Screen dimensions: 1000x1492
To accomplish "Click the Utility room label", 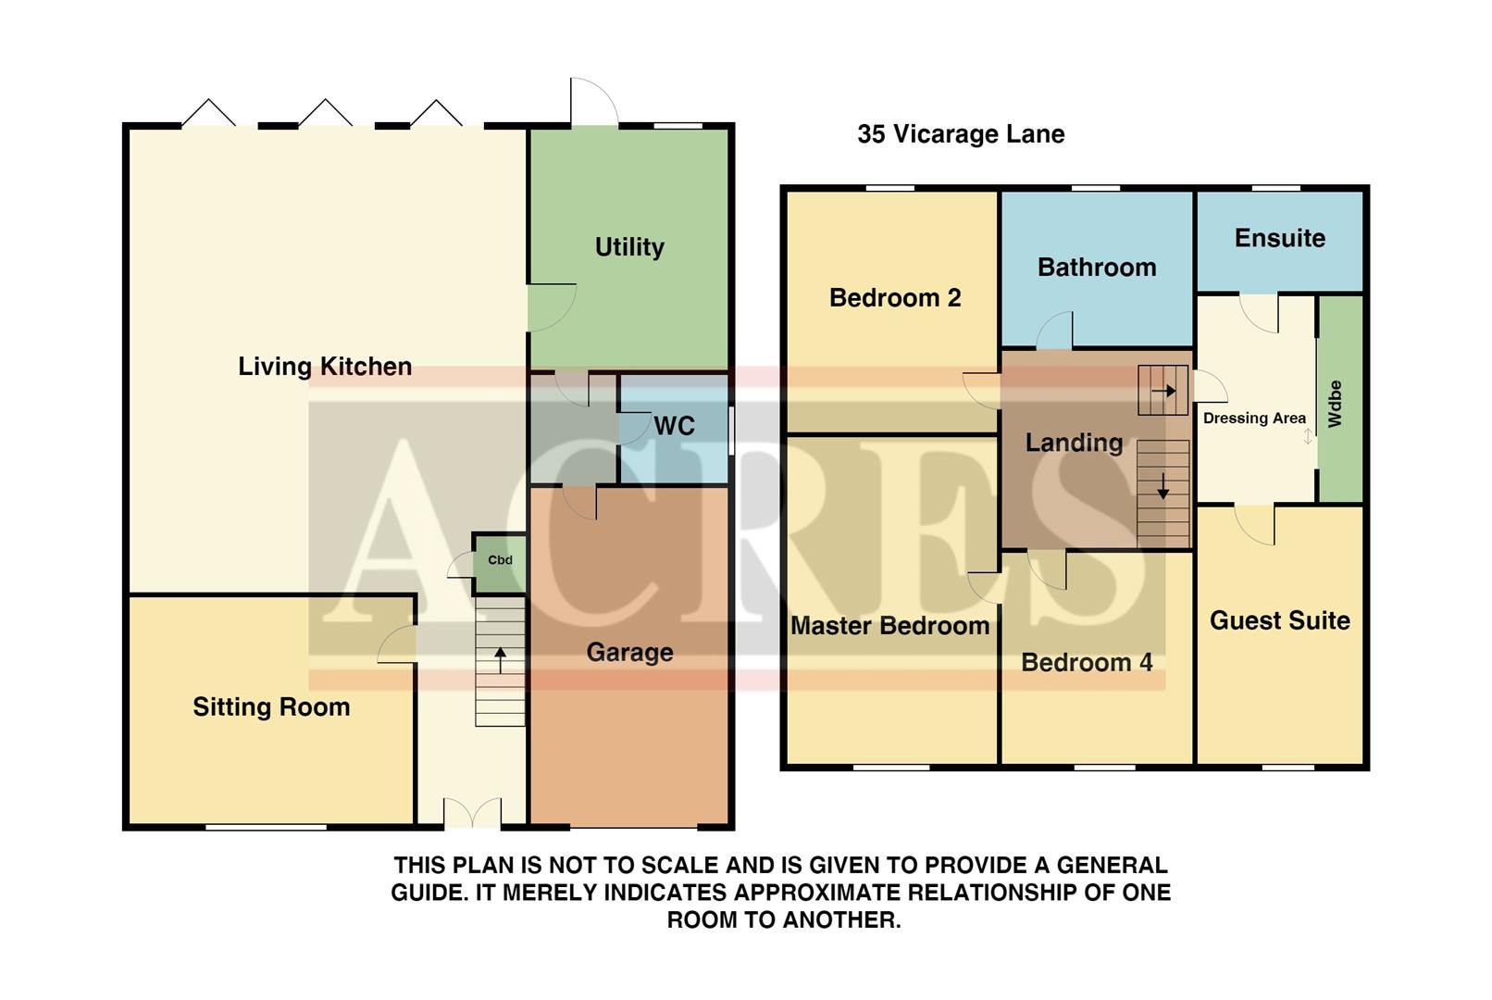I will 629,247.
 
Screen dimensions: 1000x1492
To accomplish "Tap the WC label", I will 674,426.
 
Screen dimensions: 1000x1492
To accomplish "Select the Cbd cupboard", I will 500,560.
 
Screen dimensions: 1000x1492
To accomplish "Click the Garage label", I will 629,652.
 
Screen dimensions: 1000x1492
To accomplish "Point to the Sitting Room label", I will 271,707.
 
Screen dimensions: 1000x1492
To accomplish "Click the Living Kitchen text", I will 325,367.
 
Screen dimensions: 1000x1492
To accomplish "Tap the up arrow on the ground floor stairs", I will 500,659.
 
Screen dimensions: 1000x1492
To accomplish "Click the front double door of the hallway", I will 472,813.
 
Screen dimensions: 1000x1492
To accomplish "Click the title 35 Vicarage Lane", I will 961,134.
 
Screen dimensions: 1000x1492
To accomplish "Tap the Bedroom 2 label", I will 895,298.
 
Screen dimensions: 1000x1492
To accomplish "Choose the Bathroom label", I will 1097,268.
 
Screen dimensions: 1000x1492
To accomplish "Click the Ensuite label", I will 1279,238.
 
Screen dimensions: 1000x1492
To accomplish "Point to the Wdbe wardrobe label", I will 1335,403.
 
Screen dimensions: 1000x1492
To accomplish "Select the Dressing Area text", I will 1254,419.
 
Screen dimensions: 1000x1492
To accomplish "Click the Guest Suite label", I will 1279,620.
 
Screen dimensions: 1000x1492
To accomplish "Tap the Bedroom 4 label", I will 1087,663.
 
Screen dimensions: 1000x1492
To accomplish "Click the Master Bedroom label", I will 889,626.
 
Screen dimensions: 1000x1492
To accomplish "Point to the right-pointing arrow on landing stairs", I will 1163,391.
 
